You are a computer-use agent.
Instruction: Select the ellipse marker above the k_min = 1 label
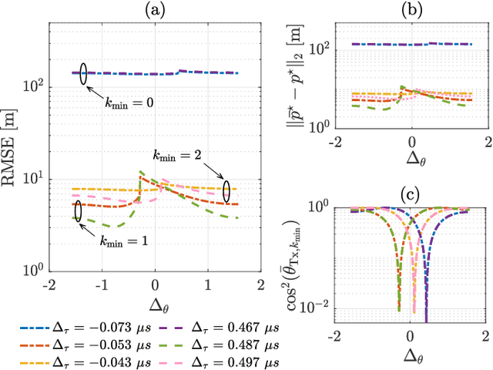78,210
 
